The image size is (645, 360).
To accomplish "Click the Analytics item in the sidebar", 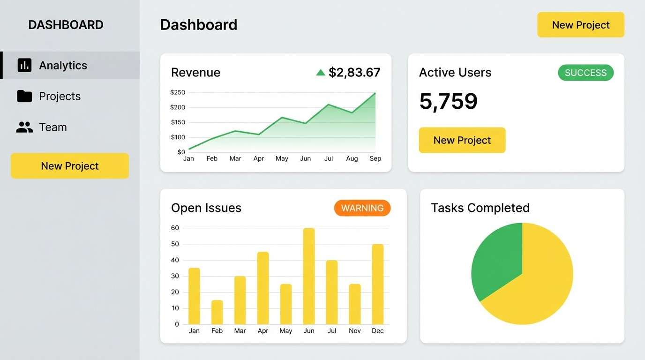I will (63, 65).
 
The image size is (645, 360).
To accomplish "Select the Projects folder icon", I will (24, 96).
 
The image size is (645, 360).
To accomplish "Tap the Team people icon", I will (24, 127).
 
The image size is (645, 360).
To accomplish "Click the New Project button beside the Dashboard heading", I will (580, 25).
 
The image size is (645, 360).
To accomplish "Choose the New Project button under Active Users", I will (462, 140).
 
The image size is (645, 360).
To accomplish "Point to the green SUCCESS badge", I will (585, 73).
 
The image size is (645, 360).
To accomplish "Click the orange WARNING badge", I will (362, 208).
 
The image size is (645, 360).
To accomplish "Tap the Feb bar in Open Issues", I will (217, 312).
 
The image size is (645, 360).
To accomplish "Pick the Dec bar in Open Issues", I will (378, 284).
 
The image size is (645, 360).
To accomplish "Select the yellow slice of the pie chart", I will (539, 286).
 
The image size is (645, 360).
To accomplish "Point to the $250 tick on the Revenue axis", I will (178, 92).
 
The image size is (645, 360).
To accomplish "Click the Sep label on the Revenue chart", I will (375, 158).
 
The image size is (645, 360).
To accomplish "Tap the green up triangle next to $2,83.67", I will (321, 73).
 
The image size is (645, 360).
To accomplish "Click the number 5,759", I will (448, 101).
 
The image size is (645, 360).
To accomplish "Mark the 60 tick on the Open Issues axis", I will (175, 228).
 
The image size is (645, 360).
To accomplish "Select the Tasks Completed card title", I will (480, 208).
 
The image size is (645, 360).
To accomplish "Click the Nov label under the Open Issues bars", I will (355, 331).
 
